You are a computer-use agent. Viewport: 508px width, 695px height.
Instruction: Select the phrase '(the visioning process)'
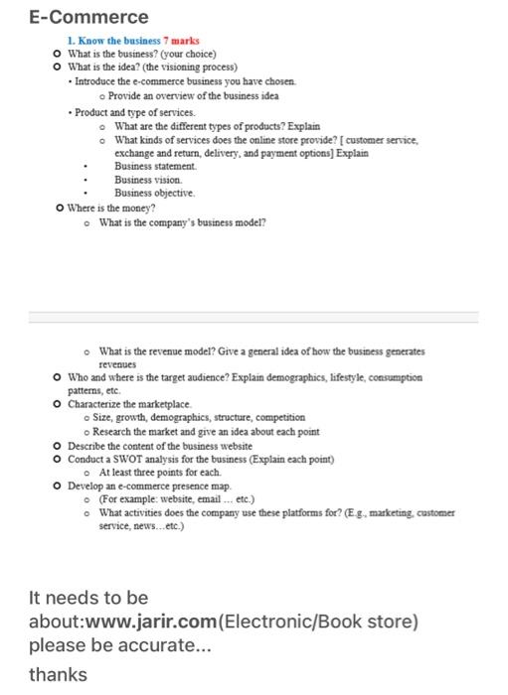click(x=194, y=66)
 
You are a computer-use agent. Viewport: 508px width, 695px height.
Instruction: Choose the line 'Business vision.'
click(x=148, y=181)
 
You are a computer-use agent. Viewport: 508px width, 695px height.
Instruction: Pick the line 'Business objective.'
click(x=153, y=194)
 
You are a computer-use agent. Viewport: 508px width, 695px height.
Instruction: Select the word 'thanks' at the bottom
click(x=59, y=674)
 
